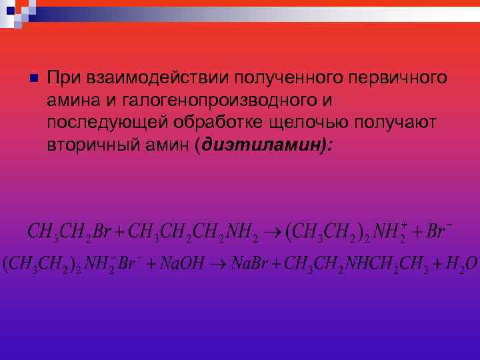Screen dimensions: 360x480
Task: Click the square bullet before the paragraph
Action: (31, 79)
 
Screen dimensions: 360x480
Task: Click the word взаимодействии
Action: (145, 78)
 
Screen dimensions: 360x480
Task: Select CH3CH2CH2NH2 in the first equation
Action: (193, 233)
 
